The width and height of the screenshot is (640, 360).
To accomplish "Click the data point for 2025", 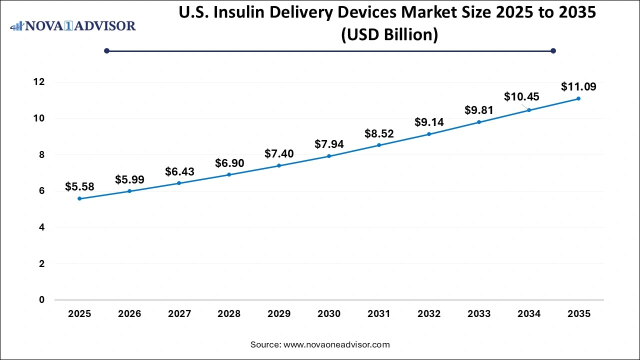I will tap(79, 198).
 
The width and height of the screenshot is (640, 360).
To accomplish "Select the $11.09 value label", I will tap(578, 87).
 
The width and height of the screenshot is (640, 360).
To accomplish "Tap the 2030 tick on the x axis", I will tap(329, 314).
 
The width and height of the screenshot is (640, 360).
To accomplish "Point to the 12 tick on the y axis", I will tap(39, 82).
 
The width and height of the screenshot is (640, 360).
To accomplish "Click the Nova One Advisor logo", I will tap(73, 25).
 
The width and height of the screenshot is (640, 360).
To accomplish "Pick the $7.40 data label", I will tap(279, 153).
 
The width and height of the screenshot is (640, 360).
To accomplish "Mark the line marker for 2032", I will tap(429, 134).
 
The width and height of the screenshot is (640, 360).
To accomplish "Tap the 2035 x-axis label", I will tap(578, 314).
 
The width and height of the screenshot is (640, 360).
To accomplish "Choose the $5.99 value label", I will tap(129, 179).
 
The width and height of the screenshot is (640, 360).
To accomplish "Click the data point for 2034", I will tap(529, 110).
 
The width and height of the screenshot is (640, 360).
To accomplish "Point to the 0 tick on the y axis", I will tap(42, 300).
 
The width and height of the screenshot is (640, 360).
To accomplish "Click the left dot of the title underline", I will tap(106, 50).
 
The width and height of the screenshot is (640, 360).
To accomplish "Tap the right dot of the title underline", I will tap(553, 50).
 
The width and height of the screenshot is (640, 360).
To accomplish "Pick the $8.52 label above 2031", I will tap(379, 133).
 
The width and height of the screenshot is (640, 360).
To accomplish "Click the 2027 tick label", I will tap(179, 314).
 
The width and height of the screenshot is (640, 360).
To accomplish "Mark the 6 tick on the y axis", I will tap(42, 191).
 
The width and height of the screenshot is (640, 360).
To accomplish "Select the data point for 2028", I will tap(229, 174).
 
